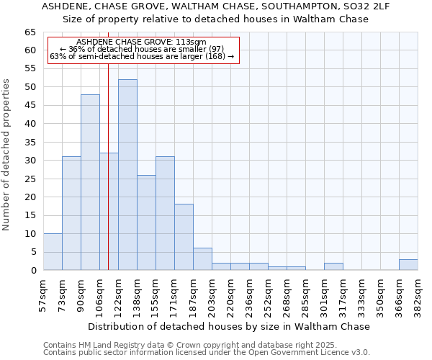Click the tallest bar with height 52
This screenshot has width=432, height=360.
(127, 175)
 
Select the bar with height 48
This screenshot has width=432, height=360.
(90, 182)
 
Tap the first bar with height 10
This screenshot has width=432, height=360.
(53, 252)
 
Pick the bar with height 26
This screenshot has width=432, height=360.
(146, 222)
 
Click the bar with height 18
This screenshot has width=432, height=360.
(184, 237)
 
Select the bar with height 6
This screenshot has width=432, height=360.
(202, 259)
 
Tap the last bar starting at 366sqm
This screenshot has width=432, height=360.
(408, 265)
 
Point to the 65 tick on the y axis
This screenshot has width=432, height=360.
(30, 32)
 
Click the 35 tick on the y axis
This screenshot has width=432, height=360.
(30, 143)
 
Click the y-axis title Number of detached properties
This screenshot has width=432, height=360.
(7, 155)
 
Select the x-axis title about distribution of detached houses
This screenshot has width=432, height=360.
(230, 326)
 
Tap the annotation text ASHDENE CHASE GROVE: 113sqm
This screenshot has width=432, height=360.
(141, 42)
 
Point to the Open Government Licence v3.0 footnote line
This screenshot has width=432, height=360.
(207, 353)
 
